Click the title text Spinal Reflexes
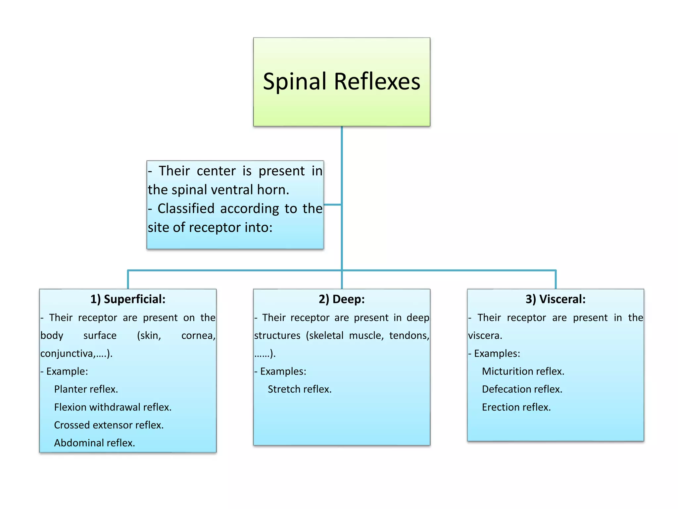pos(341,82)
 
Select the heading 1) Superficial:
pos(128,299)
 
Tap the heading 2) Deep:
pos(341,299)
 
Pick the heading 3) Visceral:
pos(555,299)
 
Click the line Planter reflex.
pos(86,389)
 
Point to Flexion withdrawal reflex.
pos(113,407)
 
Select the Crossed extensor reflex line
pos(109,425)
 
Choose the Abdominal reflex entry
pos(94,443)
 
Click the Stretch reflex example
pos(299,389)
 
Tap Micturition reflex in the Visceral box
pos(523,371)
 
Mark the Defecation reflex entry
pos(522,389)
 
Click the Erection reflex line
pos(516,407)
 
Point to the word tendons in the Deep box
pos(409,336)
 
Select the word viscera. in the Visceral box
pos(485,336)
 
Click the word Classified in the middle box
pos(186,209)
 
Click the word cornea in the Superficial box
pos(197,336)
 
